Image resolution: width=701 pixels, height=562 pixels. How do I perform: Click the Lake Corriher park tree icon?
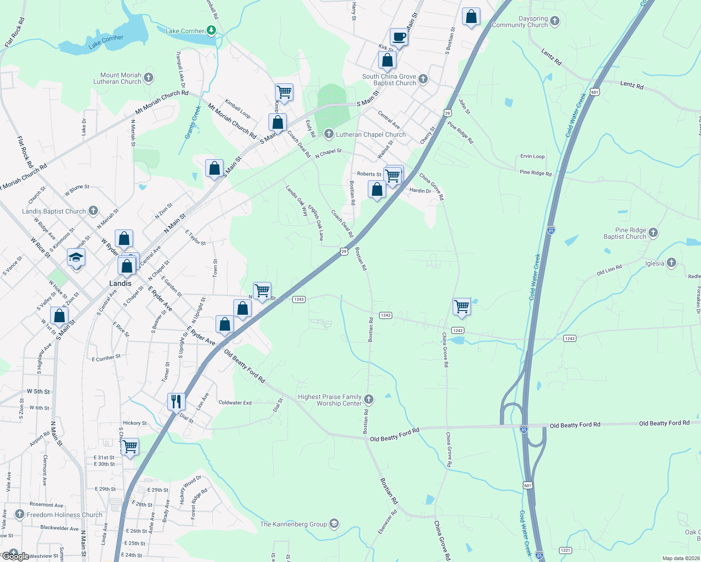click(x=211, y=31)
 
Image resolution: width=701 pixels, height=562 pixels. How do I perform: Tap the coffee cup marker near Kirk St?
click(x=399, y=37)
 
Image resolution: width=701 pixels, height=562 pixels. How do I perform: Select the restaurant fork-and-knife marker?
click(x=176, y=401)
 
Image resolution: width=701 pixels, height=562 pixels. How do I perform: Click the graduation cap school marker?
click(x=76, y=258)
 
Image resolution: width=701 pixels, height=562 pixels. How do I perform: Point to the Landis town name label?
click(x=120, y=283)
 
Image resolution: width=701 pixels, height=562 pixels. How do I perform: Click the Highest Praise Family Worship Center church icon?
click(x=369, y=399)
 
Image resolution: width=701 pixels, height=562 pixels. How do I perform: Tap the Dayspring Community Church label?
click(x=520, y=22)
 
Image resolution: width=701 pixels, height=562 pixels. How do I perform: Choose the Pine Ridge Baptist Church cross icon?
click(x=653, y=232)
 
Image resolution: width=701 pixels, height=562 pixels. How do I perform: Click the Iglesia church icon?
click(x=671, y=263)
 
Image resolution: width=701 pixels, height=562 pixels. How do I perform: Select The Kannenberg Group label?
click(x=293, y=524)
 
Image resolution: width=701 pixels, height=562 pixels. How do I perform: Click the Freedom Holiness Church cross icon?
click(x=19, y=514)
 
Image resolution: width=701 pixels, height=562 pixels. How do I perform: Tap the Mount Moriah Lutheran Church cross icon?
click(x=149, y=77)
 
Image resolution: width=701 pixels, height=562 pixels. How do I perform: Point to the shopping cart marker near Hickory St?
click(x=130, y=446)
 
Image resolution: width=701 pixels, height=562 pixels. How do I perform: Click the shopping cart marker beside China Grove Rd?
click(x=462, y=307)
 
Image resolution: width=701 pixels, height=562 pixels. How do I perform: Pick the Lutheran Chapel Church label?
click(x=371, y=134)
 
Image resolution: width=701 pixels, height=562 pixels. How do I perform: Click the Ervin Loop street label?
click(x=532, y=156)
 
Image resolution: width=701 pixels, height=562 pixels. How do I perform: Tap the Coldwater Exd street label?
click(x=235, y=402)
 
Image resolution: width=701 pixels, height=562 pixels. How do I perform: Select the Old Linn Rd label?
click(x=609, y=270)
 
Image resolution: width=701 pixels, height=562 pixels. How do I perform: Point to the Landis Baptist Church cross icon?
click(x=93, y=211)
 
